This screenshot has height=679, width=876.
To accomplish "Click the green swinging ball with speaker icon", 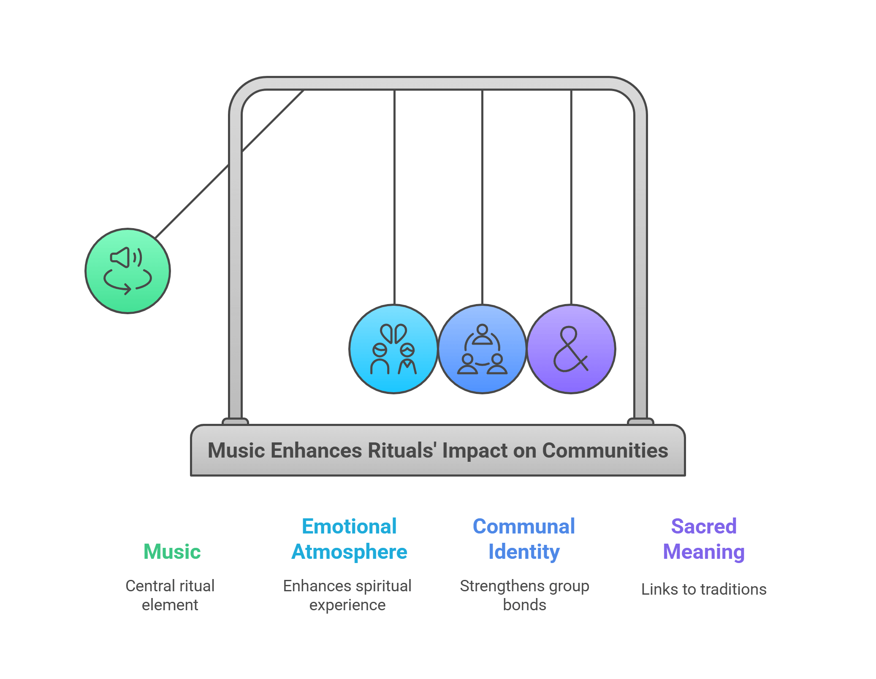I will (127, 271).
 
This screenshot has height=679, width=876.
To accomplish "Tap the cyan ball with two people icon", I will (393, 349).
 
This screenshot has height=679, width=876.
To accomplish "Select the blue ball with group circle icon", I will (482, 349).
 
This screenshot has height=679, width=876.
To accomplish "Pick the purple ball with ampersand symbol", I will (571, 349).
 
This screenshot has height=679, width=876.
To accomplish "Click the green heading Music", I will (172, 552).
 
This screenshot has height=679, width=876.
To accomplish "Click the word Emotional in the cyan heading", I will (349, 526).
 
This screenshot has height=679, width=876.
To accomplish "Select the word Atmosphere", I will (349, 552).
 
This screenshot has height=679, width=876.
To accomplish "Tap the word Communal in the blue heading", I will (523, 526).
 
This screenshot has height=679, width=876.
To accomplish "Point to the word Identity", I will (523, 552).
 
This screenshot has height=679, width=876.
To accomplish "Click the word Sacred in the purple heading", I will (703, 526).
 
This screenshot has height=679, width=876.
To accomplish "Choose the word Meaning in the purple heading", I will (703, 552).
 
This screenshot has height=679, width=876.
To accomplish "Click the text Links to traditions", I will (703, 589).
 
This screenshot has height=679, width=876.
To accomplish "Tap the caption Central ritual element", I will (170, 595).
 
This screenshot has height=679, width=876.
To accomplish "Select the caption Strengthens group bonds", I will (524, 595).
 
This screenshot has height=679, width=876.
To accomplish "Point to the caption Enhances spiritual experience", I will (347, 595).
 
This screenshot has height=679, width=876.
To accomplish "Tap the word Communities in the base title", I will (605, 450).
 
